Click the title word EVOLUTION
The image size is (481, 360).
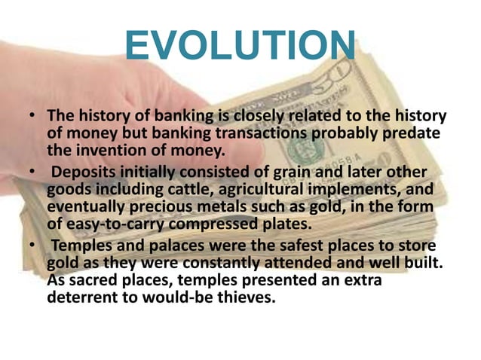coord(240,46)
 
